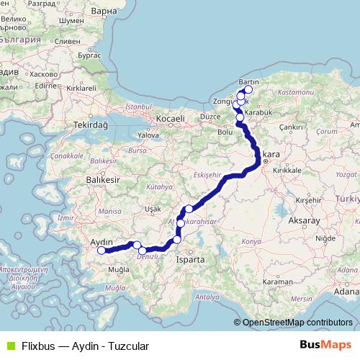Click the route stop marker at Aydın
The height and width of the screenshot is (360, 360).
(x=102, y=251)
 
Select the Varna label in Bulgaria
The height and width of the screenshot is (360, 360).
(x=104, y=12)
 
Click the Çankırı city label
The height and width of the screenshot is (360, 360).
(x=292, y=126)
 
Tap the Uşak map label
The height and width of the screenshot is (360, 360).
(x=153, y=208)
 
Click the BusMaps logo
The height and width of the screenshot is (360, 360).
(x=325, y=346)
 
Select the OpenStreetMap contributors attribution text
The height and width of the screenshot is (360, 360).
(x=297, y=322)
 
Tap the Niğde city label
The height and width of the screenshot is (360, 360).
(x=326, y=237)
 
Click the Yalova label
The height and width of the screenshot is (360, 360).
(x=148, y=135)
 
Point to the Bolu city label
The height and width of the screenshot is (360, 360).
(x=225, y=132)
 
